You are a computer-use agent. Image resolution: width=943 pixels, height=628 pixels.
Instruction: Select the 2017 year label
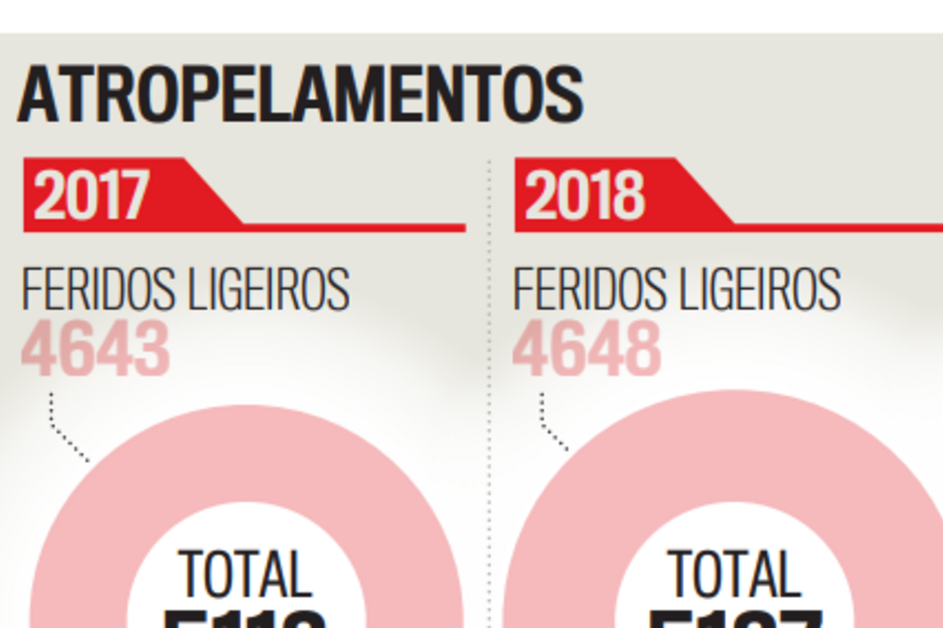pos(91,195)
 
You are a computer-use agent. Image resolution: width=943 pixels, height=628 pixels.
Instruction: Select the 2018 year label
pos(585,195)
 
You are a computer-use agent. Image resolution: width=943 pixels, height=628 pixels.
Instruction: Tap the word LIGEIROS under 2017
pos(269,289)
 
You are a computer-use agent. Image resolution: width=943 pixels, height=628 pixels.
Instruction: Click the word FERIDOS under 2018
pos(590,289)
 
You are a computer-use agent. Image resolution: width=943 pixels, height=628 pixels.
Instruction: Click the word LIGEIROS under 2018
pos(761,289)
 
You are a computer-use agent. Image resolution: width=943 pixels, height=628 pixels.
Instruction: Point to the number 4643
pos(96,349)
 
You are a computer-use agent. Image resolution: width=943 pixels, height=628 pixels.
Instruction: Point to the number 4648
pos(587,349)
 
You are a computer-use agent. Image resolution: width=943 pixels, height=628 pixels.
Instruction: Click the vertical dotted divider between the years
pos(490,377)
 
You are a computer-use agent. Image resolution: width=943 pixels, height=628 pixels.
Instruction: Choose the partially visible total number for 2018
pos(734,618)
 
